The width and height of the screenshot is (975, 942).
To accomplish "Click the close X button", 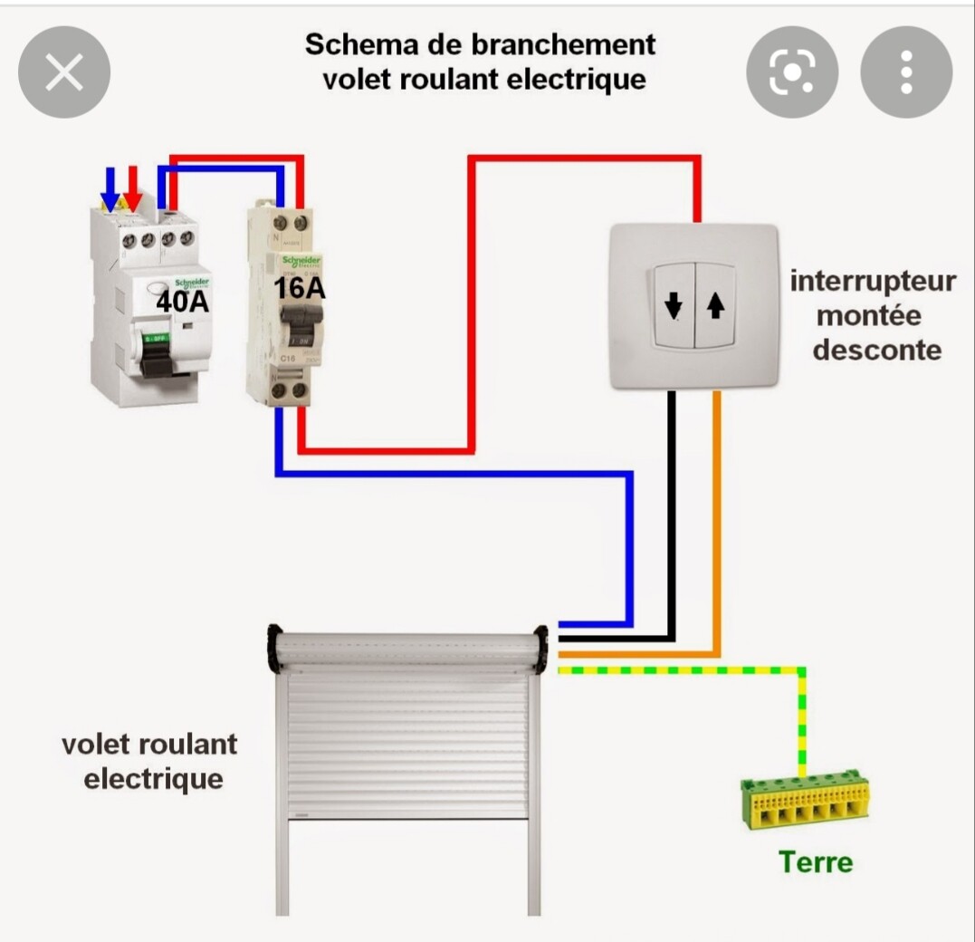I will point(64,72).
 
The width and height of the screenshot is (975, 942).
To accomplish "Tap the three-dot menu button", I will point(906,72).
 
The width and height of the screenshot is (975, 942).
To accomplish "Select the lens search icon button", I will point(792,72).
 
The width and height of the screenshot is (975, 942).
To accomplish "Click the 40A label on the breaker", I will point(182,302).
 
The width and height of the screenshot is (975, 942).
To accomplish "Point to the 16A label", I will point(300,289).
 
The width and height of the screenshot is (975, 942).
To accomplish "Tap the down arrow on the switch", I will point(674,307).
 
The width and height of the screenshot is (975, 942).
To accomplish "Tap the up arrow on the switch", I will point(715,307).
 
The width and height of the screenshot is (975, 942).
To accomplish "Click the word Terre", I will point(815,861).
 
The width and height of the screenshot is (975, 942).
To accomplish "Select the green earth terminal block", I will point(804,802).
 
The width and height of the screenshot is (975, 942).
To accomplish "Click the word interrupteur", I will point(873,281).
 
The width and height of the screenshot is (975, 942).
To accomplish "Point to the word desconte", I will point(876,350).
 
